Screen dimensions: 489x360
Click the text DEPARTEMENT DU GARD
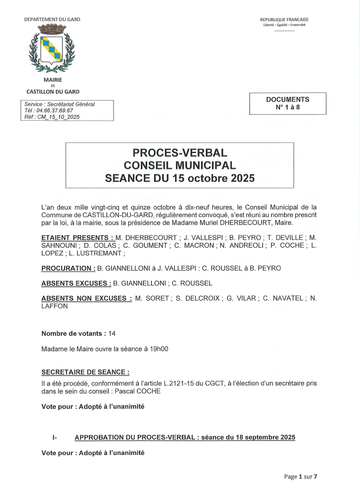(x=52, y=19)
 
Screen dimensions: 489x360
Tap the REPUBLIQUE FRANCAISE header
(x=284, y=19)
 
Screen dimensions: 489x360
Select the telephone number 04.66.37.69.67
(x=54, y=111)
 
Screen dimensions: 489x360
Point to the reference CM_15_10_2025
(x=58, y=117)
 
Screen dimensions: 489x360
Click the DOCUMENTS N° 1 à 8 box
(x=287, y=104)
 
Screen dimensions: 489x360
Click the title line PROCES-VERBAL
(x=179, y=153)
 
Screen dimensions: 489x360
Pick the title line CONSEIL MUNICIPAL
(x=179, y=165)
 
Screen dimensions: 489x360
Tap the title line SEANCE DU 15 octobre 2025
(x=179, y=178)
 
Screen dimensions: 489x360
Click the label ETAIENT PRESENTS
(x=77, y=238)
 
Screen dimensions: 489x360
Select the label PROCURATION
(x=68, y=268)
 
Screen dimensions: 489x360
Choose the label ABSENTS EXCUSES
(x=76, y=283)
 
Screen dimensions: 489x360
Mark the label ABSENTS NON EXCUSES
(x=86, y=298)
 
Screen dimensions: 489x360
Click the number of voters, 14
(x=112, y=334)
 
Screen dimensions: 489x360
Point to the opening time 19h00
(x=159, y=349)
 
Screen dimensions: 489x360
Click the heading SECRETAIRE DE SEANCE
(x=85, y=372)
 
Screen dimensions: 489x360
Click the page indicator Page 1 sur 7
(x=300, y=477)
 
